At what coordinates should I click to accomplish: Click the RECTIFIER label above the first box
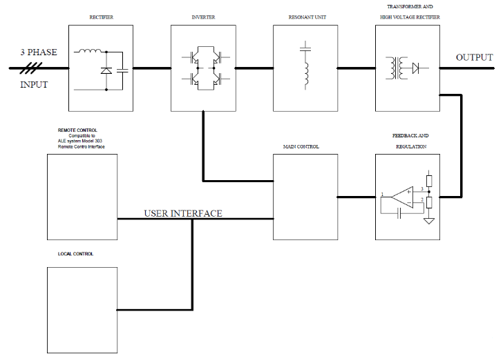click(102, 17)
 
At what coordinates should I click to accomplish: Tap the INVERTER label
click(203, 17)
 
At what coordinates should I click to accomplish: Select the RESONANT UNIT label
click(305, 17)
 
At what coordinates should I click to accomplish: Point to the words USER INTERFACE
click(182, 213)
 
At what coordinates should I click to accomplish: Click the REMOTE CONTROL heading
click(77, 130)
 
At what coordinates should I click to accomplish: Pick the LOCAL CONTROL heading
click(75, 254)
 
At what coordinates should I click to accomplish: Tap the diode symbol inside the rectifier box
click(106, 70)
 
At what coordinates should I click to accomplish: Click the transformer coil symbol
click(397, 68)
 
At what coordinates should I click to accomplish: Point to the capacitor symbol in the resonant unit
click(305, 48)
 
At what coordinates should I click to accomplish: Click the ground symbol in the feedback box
click(428, 221)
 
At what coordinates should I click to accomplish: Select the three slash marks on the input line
click(32, 68)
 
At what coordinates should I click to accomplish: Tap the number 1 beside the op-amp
click(382, 195)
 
